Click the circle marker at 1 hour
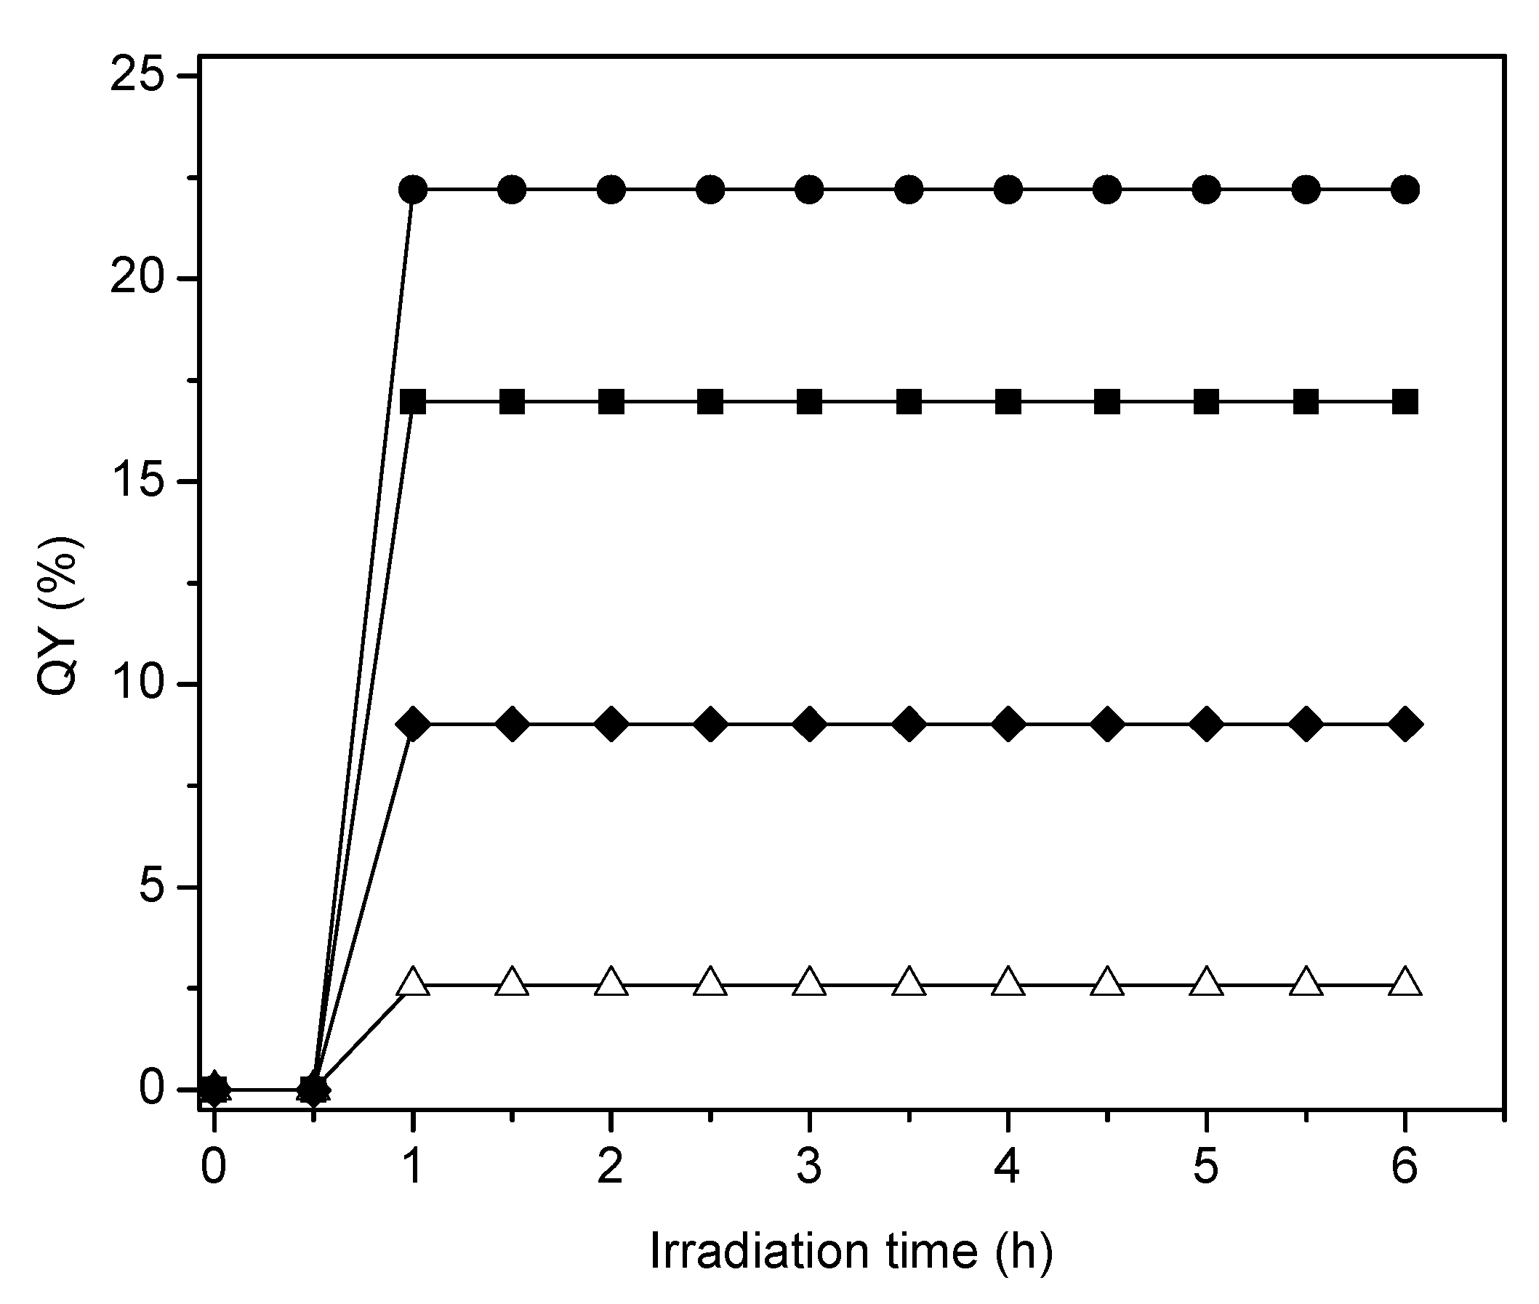point(413,190)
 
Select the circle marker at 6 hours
point(1405,190)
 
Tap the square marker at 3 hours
point(810,403)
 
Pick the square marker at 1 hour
point(413,403)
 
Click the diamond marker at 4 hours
point(1008,724)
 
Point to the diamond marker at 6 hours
point(1405,724)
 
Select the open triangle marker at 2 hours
point(611,983)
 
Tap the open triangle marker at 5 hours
point(1206,983)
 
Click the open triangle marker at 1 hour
point(413,983)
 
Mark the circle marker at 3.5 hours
point(909,190)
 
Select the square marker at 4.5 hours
point(1107,403)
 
